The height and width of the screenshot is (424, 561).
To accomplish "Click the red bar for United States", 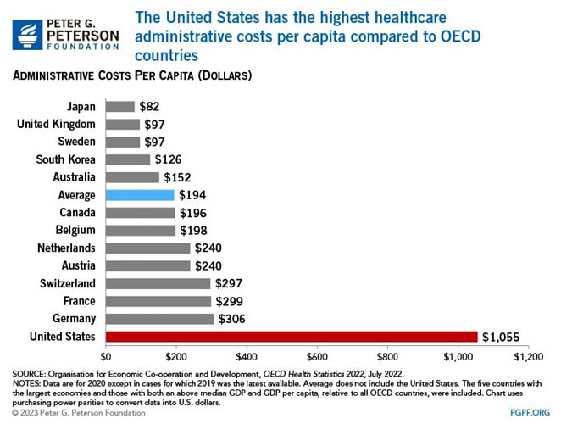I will (291, 337).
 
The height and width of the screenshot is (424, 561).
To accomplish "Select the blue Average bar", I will (139, 195).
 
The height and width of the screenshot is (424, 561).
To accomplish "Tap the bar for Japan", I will (119, 107).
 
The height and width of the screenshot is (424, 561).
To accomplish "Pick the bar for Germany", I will (159, 319).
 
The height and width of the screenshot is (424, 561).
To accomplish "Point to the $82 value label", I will (150, 107).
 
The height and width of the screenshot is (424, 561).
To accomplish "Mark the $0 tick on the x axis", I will (106, 357).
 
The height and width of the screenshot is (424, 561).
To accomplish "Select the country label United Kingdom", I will (57, 125).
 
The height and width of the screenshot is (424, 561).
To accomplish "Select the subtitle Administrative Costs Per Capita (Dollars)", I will (131, 77).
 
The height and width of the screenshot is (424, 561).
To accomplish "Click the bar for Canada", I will (140, 213).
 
